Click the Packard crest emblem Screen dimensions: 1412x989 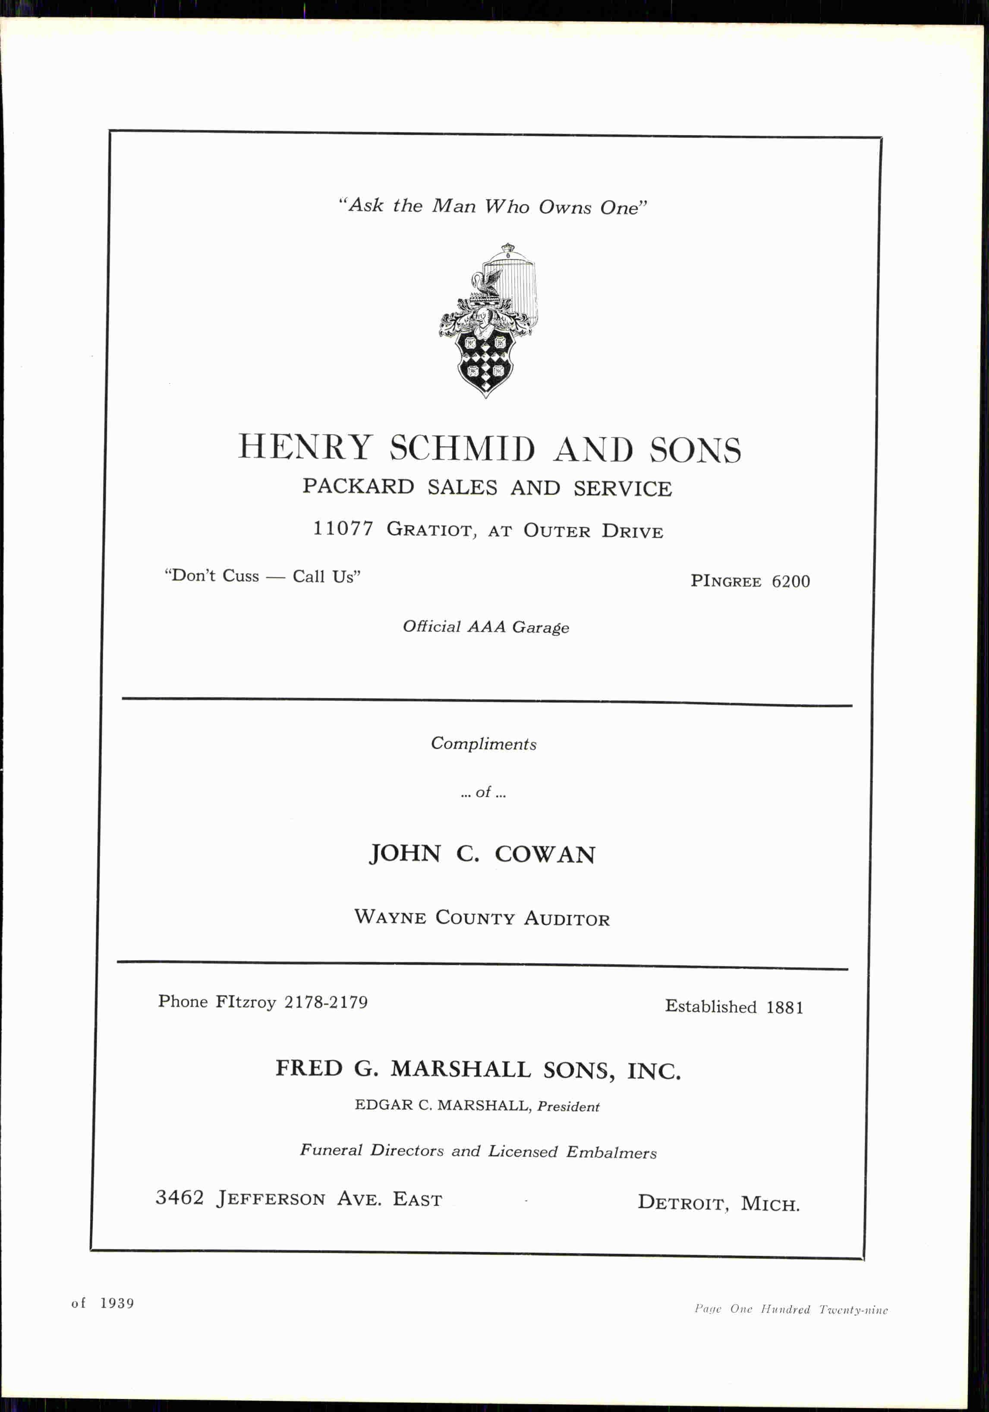(x=486, y=320)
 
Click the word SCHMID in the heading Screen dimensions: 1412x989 (x=462, y=448)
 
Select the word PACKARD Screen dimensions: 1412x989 (x=358, y=486)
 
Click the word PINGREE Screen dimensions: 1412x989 (x=726, y=581)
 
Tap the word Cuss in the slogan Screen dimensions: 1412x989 (x=240, y=576)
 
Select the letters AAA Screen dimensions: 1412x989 (x=486, y=627)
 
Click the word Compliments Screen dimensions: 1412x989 (x=483, y=744)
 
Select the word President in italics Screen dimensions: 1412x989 (x=568, y=1107)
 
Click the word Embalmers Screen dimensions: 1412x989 (x=611, y=1153)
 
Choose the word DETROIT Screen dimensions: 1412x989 (x=683, y=1202)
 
